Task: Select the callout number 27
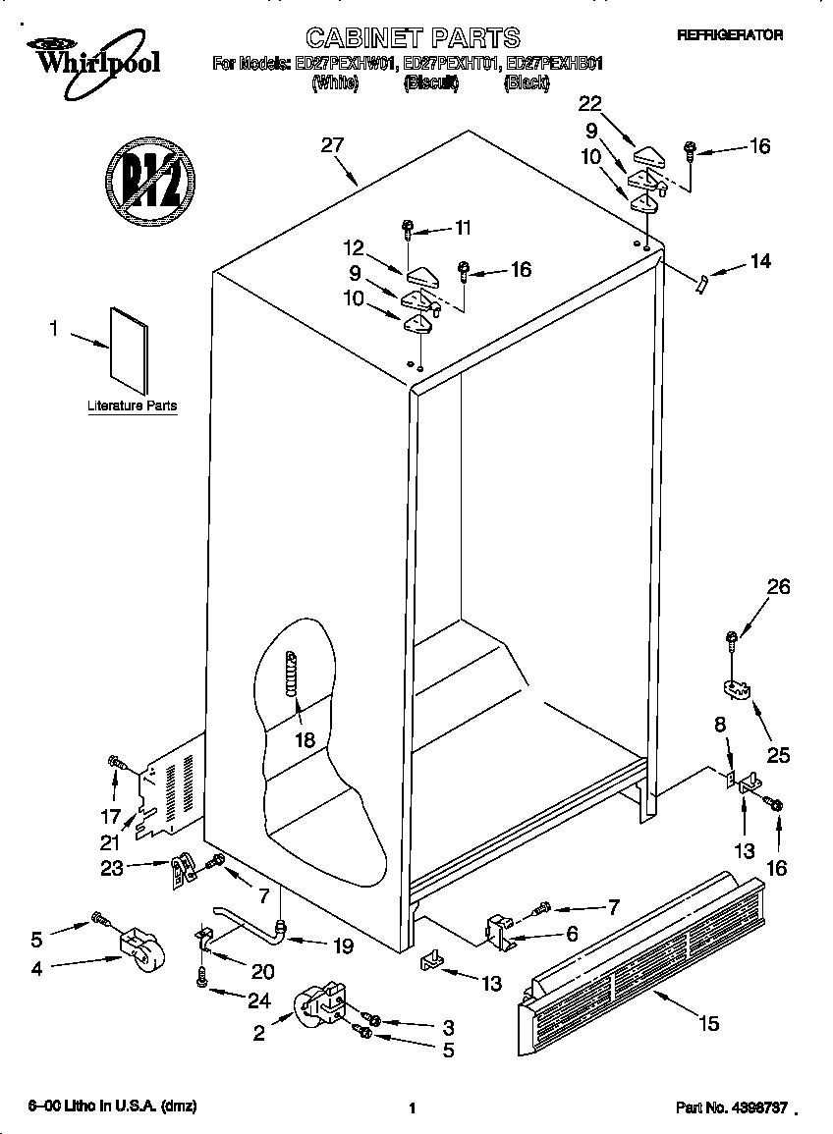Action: coord(332,146)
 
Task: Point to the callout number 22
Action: coord(590,104)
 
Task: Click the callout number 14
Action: coord(759,262)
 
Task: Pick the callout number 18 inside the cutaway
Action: coord(305,739)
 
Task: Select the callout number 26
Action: coord(778,588)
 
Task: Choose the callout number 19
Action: coord(341,946)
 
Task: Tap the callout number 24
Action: coord(258,1002)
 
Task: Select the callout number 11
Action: coord(462,228)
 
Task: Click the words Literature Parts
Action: coord(132,405)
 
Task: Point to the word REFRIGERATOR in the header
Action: coord(730,34)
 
